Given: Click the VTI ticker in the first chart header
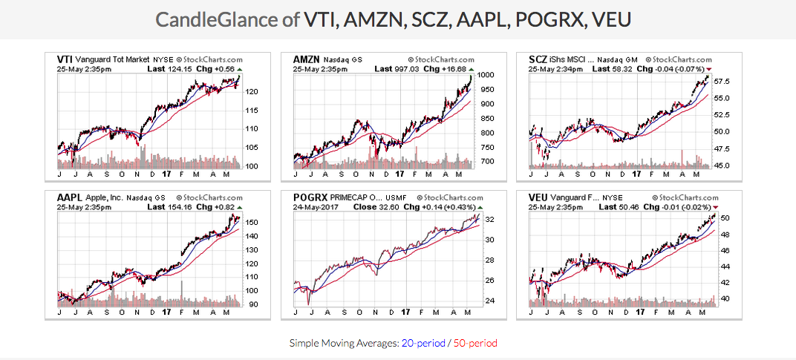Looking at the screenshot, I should [65, 59].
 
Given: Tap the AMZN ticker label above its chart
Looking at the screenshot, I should [306, 59].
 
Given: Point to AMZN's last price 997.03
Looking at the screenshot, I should [408, 69].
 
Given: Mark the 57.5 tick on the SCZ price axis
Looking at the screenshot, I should [720, 82].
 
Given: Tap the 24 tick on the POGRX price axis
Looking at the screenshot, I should [489, 301].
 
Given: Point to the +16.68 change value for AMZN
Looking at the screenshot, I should [454, 69].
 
